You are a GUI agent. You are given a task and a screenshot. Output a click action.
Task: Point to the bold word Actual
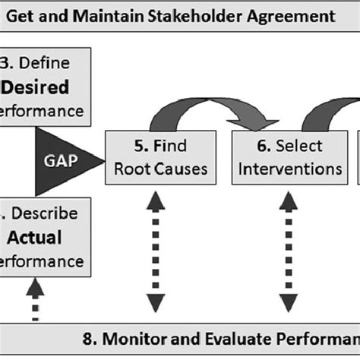[34, 238]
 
